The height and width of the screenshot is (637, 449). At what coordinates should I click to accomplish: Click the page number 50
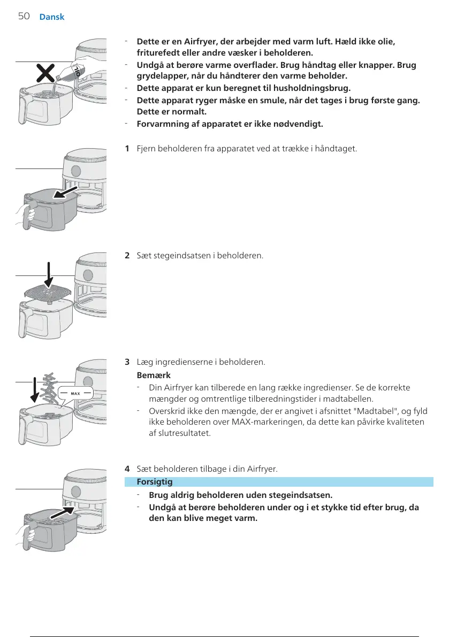coord(24,16)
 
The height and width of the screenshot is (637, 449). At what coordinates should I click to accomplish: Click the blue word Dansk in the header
coord(52,17)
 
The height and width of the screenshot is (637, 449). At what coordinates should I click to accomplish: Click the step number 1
coord(127,148)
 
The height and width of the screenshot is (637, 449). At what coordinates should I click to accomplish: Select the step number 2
coord(127,255)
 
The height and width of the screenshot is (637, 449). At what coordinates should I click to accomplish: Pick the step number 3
coord(127,362)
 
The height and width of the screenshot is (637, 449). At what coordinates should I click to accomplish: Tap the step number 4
coord(127,469)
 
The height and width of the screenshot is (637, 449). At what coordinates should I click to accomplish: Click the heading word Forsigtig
coord(155,482)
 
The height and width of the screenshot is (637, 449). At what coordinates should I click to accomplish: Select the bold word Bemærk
coord(154,375)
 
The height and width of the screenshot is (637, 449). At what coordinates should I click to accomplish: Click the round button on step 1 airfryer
coord(75,171)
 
